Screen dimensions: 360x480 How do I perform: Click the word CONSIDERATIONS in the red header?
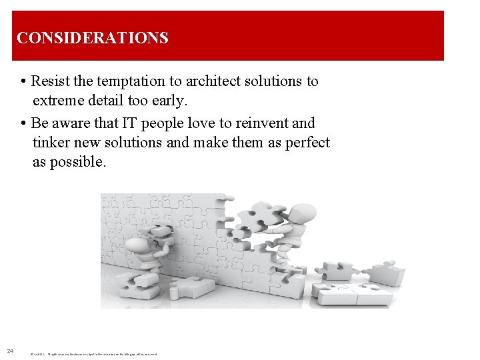pos(93,38)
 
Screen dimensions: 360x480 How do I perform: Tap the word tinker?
pos(51,143)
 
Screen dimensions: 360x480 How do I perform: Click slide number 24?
pos(10,351)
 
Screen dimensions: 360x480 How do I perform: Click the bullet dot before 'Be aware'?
pos(24,124)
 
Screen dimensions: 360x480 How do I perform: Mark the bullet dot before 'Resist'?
pos(24,82)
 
